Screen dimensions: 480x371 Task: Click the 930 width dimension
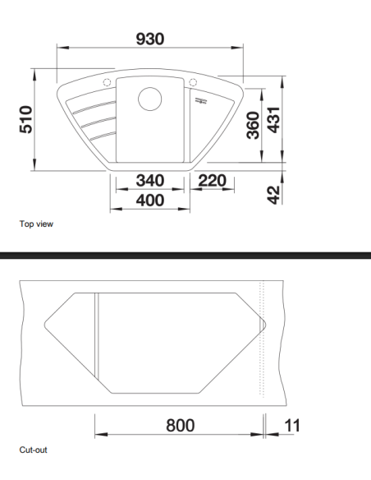coord(150,39)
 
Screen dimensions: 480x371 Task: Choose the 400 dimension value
coord(149,200)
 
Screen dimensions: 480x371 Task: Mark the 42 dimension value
coord(276,194)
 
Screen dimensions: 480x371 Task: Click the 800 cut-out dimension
coord(180,425)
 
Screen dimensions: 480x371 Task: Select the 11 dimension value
coord(291,425)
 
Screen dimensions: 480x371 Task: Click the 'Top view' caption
coord(36,223)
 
